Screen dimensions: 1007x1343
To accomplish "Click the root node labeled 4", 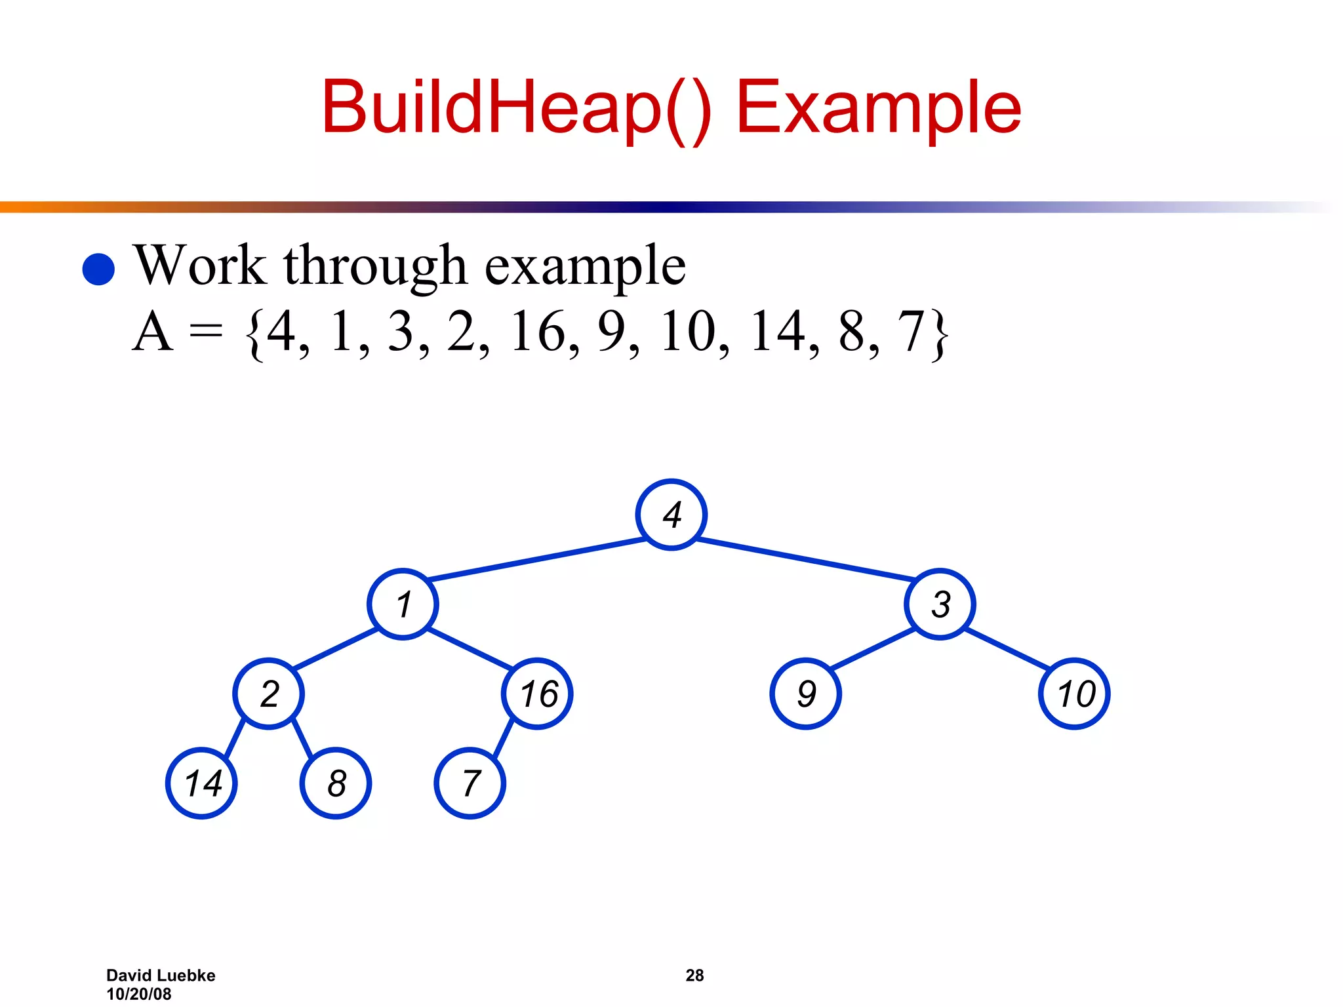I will point(671,515).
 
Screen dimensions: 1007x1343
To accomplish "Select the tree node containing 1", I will point(403,604).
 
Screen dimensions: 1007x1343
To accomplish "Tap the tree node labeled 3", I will point(940,604).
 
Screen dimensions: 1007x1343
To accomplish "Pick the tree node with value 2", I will point(268,694).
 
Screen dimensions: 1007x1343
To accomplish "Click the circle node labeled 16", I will point(537,694).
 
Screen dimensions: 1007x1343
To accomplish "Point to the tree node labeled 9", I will point(805,694).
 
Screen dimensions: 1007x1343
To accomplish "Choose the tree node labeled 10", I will point(1074,694).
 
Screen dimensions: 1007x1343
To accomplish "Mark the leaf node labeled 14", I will point(201,783).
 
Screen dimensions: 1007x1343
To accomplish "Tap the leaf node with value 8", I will point(336,783).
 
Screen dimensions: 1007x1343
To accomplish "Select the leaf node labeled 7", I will point(470,783).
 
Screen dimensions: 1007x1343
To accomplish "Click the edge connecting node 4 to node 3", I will point(805,559).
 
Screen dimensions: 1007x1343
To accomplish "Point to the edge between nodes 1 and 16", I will point(470,648).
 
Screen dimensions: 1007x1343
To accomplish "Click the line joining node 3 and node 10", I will point(1007,648).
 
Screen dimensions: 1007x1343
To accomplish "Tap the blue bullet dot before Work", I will point(99,269).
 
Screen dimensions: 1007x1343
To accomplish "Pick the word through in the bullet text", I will point(374,266).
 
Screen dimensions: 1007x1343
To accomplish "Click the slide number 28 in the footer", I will point(694,975).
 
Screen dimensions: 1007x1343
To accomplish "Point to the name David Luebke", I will point(161,975).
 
